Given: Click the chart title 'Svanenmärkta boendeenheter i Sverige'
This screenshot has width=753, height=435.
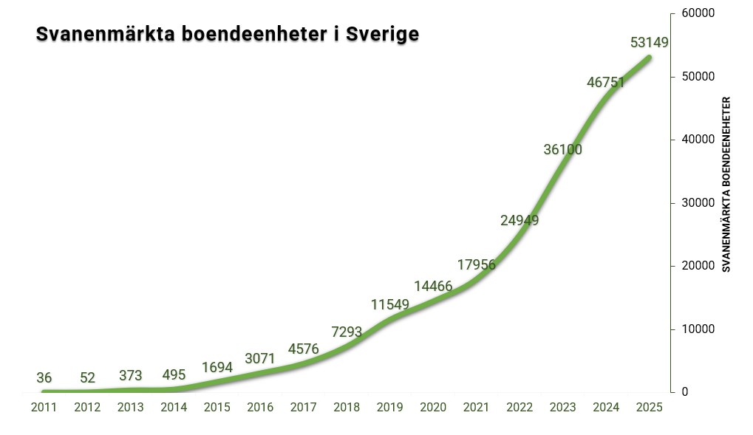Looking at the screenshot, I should click(x=228, y=35).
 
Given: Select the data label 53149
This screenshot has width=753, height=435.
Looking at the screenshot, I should click(x=650, y=43).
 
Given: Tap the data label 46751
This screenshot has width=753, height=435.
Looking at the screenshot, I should click(x=606, y=83).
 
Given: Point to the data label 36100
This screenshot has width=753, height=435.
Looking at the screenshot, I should click(x=563, y=150).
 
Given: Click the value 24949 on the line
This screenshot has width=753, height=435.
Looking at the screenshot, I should click(x=519, y=220).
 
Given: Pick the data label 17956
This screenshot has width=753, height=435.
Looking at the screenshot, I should click(x=476, y=264).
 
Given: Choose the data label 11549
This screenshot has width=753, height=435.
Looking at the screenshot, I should click(x=389, y=304).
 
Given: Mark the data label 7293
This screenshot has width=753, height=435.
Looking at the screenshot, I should click(x=346, y=332).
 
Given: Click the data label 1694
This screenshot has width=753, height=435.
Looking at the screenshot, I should click(x=217, y=367).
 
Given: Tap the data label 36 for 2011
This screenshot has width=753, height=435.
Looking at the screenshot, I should click(x=44, y=378).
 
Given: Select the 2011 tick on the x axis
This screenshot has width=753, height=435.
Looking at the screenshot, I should click(x=44, y=408).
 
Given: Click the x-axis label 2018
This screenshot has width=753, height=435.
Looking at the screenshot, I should click(x=347, y=408).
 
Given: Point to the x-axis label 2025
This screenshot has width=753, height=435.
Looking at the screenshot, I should click(x=650, y=408).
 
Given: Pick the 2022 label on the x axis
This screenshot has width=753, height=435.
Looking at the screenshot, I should click(x=519, y=408).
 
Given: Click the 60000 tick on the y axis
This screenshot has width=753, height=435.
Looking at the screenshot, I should click(x=698, y=13).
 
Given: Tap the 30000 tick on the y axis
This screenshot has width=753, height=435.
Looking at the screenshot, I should click(x=698, y=202).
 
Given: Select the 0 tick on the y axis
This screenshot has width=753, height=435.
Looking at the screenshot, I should click(x=684, y=392).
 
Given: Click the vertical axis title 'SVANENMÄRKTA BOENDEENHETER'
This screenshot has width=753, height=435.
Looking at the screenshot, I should click(x=726, y=185).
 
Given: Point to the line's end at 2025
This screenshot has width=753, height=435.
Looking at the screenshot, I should click(x=649, y=57).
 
